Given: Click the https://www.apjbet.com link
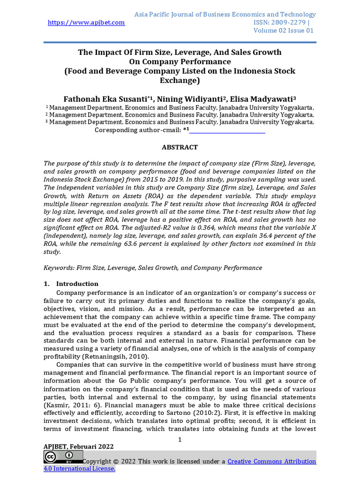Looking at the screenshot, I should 86,22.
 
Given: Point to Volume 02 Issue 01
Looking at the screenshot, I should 283,30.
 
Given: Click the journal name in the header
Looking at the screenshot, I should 225,15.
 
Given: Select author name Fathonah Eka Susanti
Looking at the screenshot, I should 105,99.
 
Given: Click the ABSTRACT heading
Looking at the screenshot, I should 180,147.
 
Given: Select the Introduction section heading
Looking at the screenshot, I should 77,284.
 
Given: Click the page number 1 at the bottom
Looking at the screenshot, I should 180,439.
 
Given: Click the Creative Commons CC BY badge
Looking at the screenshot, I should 63,457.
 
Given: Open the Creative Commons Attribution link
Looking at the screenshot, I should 271,462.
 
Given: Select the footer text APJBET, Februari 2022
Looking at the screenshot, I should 79,446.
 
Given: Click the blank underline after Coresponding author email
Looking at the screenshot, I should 227,130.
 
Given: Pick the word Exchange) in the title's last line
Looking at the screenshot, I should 180,80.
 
